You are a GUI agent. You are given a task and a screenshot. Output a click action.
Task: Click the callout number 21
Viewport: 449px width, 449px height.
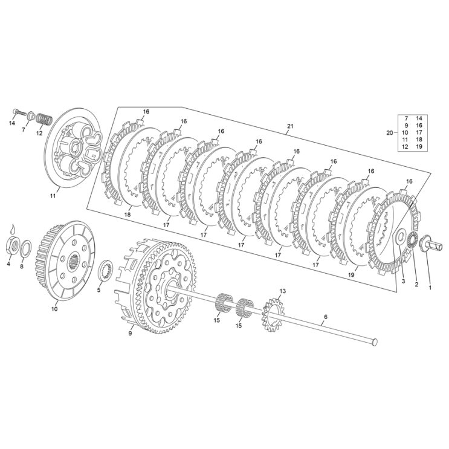coord(289,126)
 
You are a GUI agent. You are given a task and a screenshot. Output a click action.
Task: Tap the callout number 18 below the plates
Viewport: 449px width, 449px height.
coord(128,214)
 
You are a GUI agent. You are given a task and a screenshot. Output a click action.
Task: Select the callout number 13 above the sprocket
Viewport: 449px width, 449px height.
coord(282,291)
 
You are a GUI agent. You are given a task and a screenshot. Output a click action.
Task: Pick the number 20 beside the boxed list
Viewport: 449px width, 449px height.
coord(390,132)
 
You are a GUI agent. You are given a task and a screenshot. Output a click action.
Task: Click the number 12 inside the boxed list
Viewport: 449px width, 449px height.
coord(405,147)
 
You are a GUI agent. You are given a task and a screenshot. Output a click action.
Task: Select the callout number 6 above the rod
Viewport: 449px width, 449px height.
coord(325,317)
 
